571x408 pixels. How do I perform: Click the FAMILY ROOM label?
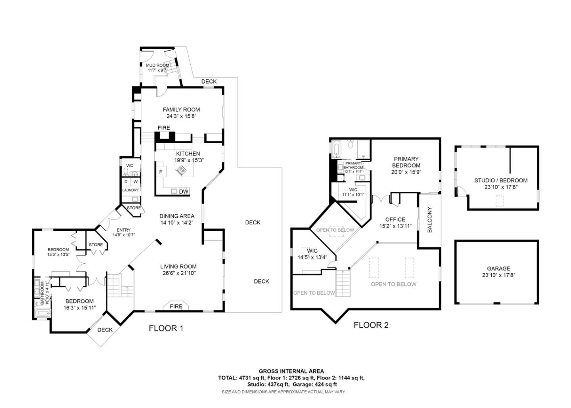[x=181, y=109]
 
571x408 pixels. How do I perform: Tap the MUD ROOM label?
[x=157, y=65]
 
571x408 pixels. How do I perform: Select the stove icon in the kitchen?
[x=181, y=170]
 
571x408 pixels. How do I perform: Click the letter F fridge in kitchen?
[x=161, y=172]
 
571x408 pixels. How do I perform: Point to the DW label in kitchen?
[x=183, y=192]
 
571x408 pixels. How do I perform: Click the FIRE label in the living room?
[x=176, y=306]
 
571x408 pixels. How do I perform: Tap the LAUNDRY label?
[x=130, y=190]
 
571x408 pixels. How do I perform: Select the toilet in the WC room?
[x=126, y=172]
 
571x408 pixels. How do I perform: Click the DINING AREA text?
[x=177, y=216]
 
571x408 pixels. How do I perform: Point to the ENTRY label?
[x=123, y=230]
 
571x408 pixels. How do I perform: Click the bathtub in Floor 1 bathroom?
[x=42, y=314]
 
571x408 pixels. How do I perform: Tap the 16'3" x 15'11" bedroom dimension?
[x=79, y=307]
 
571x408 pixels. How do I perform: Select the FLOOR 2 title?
[x=371, y=326]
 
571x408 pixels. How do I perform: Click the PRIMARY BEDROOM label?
[x=406, y=162]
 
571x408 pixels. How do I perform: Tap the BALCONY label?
[x=429, y=220]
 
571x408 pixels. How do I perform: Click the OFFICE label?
[x=395, y=219]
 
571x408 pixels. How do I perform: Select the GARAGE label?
[x=498, y=268]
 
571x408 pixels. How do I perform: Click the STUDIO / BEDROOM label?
[x=501, y=180]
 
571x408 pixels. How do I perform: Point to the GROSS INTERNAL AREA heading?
[x=291, y=371]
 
